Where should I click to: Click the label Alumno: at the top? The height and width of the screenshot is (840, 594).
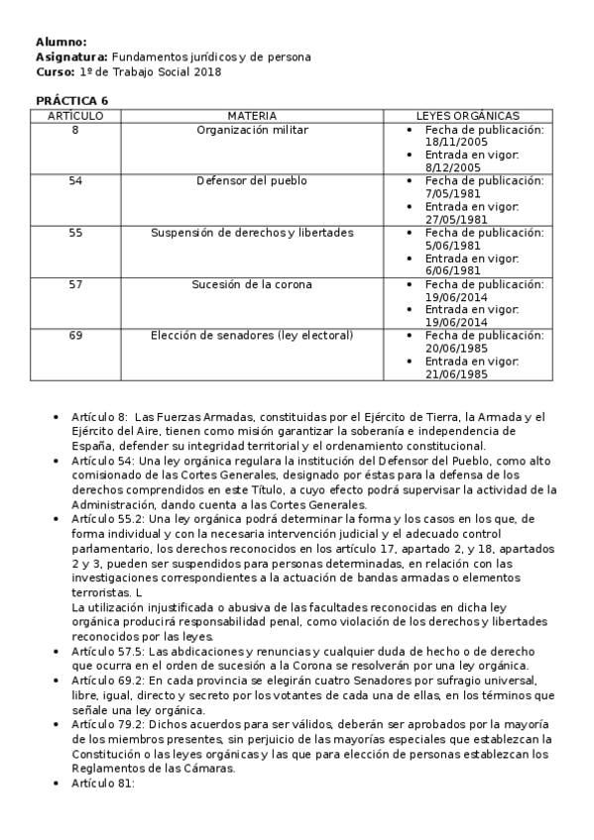click(x=60, y=42)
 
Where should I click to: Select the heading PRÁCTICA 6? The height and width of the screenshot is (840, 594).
click(x=71, y=101)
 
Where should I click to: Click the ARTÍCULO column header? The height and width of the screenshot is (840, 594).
click(x=75, y=116)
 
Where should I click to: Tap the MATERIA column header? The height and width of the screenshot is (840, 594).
click(x=252, y=116)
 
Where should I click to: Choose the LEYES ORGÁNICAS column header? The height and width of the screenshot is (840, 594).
click(x=467, y=116)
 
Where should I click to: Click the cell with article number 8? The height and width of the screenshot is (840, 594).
click(x=75, y=130)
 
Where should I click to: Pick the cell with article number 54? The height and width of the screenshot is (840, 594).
click(x=75, y=181)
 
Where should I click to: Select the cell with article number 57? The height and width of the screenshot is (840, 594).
click(x=75, y=284)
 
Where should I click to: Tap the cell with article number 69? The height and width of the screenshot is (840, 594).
click(x=75, y=336)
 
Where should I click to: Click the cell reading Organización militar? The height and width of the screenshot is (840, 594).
click(x=252, y=130)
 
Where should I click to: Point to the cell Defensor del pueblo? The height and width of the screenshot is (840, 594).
click(x=252, y=181)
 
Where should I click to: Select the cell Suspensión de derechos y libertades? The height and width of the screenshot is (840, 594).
click(x=252, y=233)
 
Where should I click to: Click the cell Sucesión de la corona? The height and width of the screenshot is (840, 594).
click(x=252, y=284)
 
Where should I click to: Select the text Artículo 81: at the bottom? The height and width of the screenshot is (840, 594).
click(x=102, y=784)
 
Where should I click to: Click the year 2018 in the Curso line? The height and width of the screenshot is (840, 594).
click(x=208, y=72)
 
